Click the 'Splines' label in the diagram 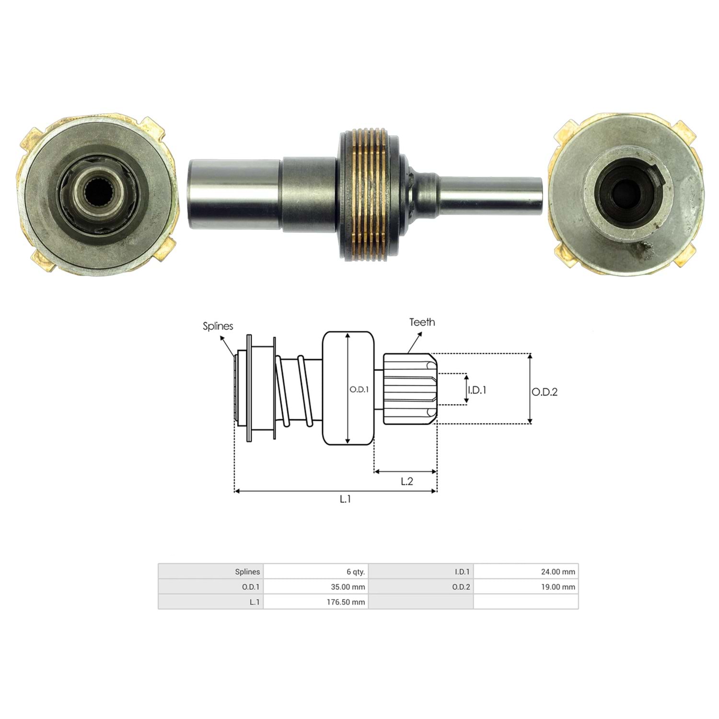[218, 326]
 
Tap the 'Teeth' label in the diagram [422, 322]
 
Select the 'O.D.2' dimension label [545, 392]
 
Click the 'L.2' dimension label [407, 481]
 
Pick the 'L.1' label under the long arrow [345, 499]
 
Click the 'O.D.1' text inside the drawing [359, 390]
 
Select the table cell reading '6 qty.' [316, 571]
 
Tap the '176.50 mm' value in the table [316, 602]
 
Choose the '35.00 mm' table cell [316, 587]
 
